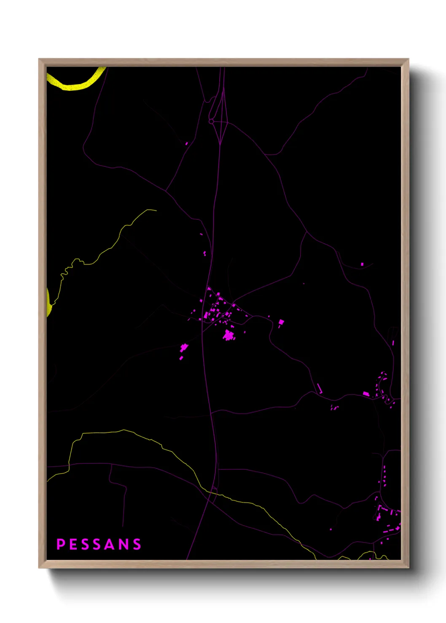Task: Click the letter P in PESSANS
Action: [x=60, y=544]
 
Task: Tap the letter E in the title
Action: [x=73, y=544]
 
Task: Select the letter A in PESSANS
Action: [x=110, y=544]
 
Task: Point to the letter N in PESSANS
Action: [x=124, y=544]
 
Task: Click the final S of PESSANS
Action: [x=137, y=544]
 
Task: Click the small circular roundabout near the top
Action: [x=211, y=121]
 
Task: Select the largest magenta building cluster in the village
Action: [x=229, y=335]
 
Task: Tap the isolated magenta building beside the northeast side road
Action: [x=362, y=264]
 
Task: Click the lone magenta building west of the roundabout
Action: [x=186, y=144]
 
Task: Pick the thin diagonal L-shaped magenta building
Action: [x=320, y=389]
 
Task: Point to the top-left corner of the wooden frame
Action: [x=39, y=59]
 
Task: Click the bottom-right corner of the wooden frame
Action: [x=408, y=567]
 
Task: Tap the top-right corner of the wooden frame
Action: [x=408, y=59]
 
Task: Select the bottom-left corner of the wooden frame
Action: [x=39, y=567]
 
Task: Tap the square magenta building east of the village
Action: [x=281, y=322]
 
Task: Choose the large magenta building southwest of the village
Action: [x=184, y=348]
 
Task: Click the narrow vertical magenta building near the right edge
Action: [x=393, y=343]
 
